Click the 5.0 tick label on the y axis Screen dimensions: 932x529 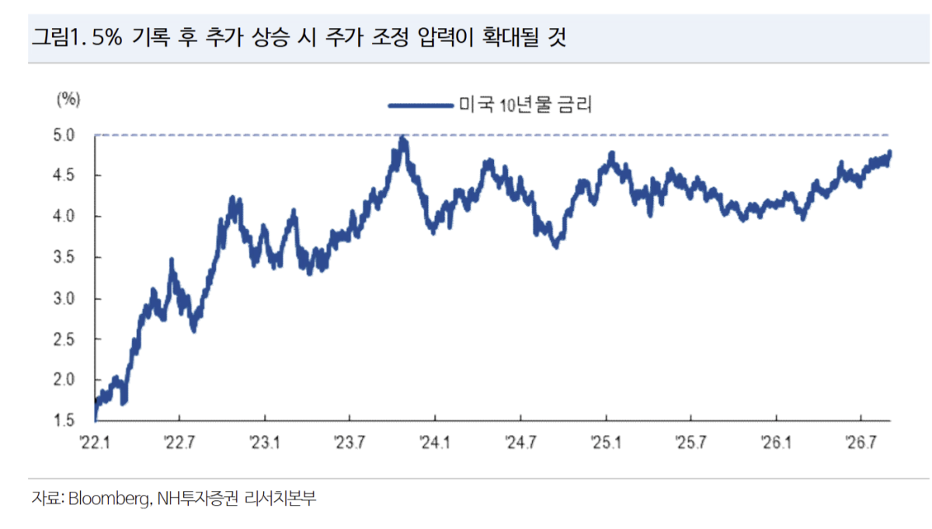tap(64, 135)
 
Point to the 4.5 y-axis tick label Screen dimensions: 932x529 tap(64, 176)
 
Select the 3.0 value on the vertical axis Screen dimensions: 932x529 tap(64, 299)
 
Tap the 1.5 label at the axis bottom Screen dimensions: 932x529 tap(64, 420)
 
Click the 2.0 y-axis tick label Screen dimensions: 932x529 tap(64, 380)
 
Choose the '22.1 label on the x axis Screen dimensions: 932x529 tap(96, 443)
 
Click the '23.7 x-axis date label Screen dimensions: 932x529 tap(349, 443)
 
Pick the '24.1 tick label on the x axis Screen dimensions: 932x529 tap(435, 443)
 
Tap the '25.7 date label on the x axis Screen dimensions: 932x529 tap(690, 443)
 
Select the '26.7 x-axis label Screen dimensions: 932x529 tap(861, 443)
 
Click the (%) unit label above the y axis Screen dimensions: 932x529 tap(68, 100)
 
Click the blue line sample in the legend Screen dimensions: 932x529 tap(421, 106)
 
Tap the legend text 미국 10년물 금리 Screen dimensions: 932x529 tap(525, 105)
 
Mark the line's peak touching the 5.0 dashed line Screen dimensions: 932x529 tap(402, 137)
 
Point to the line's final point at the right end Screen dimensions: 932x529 tap(890, 152)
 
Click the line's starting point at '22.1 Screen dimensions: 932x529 tap(96, 419)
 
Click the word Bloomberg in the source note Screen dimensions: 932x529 tap(108, 499)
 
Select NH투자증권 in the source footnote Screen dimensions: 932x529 tap(198, 498)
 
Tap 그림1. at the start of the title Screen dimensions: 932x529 tap(59, 37)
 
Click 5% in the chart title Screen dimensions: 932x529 tap(107, 37)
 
